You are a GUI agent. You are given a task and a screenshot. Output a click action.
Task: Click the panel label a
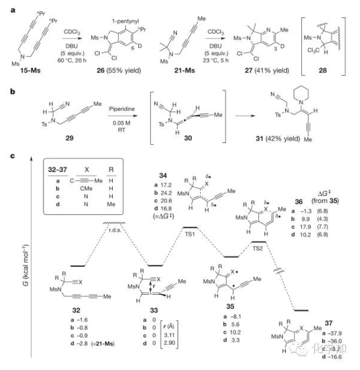[x=6, y=5]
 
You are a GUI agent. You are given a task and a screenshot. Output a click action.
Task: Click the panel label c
[x=6, y=156]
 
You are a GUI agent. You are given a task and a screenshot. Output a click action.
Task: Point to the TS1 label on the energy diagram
[x=190, y=232]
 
